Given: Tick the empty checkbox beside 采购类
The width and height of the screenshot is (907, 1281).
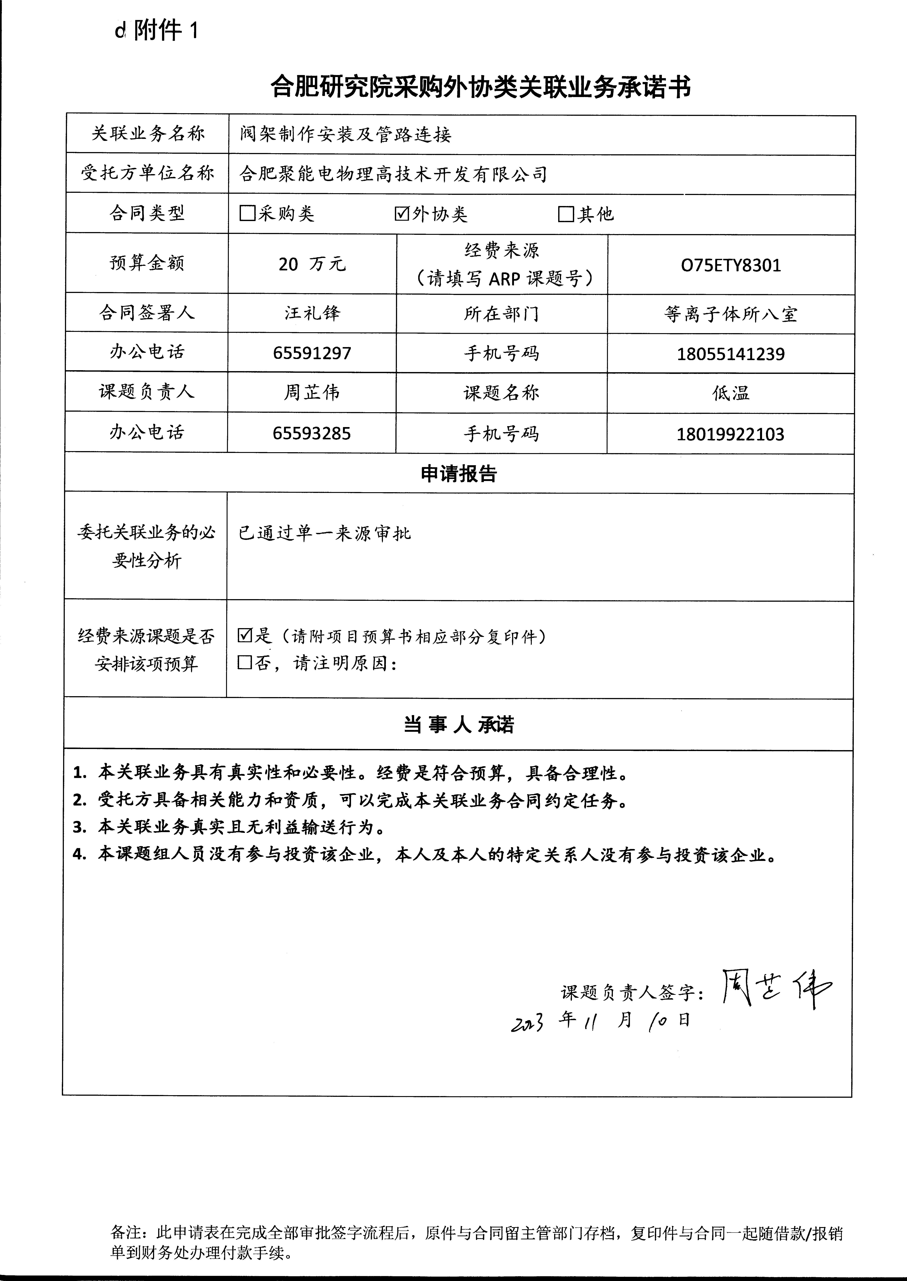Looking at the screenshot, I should coord(247,213).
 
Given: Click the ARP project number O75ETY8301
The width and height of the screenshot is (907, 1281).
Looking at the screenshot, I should coord(730,265).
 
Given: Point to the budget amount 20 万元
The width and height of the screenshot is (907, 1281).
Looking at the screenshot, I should coord(312,264).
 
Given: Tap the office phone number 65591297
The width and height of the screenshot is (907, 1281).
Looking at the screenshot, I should coord(312,353).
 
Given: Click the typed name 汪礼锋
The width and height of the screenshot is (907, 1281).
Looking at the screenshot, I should coord(312,313).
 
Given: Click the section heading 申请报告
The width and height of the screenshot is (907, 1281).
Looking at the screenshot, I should coord(459,473).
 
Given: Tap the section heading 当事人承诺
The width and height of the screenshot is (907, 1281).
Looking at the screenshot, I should coord(459,725).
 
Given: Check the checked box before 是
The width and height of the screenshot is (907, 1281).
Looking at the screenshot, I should coord(245,635).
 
